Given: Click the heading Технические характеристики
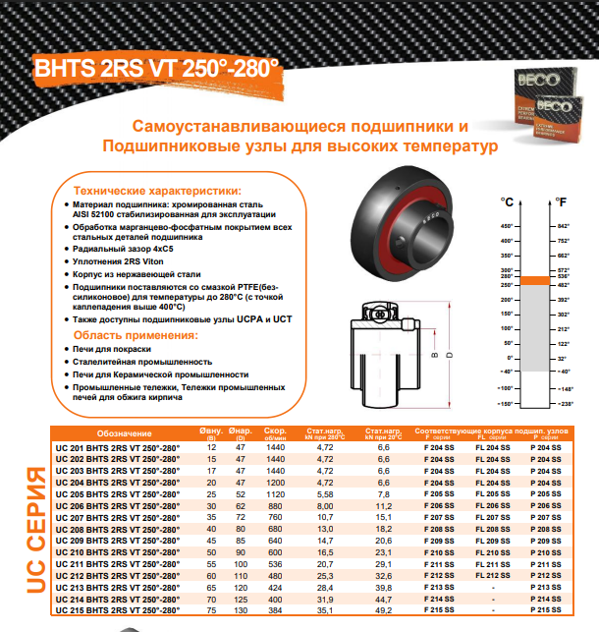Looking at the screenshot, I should click(x=157, y=191).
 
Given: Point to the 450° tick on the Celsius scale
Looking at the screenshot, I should click(x=508, y=225).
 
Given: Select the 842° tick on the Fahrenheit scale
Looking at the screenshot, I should click(x=564, y=225).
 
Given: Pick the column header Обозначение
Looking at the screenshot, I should click(x=125, y=432).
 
